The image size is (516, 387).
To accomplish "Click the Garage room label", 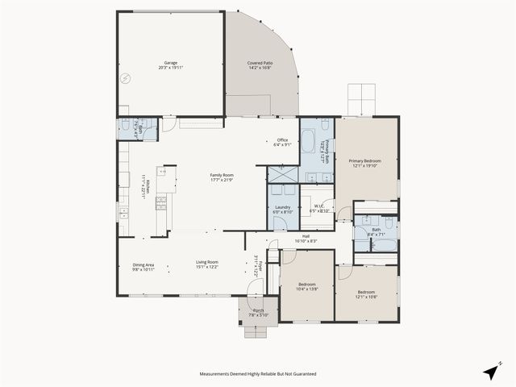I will click(171, 62).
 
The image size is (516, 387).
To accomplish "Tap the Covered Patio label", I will click(259, 62).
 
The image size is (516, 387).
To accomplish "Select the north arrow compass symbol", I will click(490, 372).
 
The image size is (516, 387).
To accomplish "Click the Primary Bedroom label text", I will click(364, 161).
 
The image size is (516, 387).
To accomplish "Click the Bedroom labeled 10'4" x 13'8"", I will click(306, 285).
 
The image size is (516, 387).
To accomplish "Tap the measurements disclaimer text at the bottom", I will click(258, 374).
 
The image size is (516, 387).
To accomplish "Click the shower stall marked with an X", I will click(282, 173).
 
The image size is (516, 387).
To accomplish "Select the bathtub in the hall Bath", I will click(385, 244).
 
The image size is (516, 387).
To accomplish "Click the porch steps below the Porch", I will click(258, 331).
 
